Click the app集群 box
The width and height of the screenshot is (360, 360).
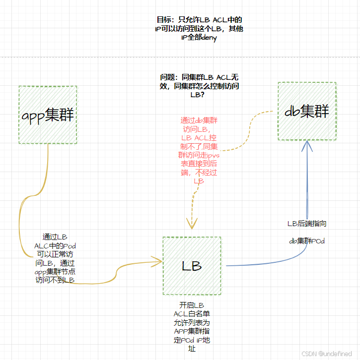[x=48, y=115]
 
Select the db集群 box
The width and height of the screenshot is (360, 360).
[x=306, y=111]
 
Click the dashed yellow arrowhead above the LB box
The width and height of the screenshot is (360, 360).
[x=191, y=223]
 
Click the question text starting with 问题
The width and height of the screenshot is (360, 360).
[x=199, y=86]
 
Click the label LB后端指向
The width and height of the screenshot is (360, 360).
[x=307, y=224]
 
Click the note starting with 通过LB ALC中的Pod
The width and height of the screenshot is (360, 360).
[x=55, y=258]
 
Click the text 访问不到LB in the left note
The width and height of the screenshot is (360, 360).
[x=55, y=280]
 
